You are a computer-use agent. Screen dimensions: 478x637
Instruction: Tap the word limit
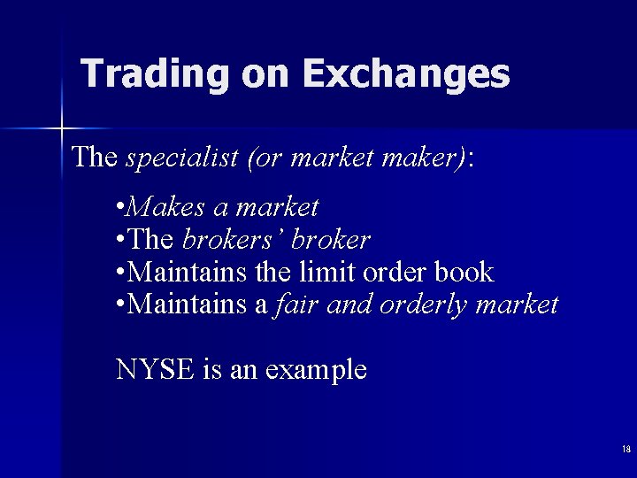(x=322, y=272)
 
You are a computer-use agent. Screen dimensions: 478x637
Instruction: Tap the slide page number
(x=625, y=450)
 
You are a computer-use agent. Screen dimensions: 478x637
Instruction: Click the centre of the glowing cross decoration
(x=62, y=129)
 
